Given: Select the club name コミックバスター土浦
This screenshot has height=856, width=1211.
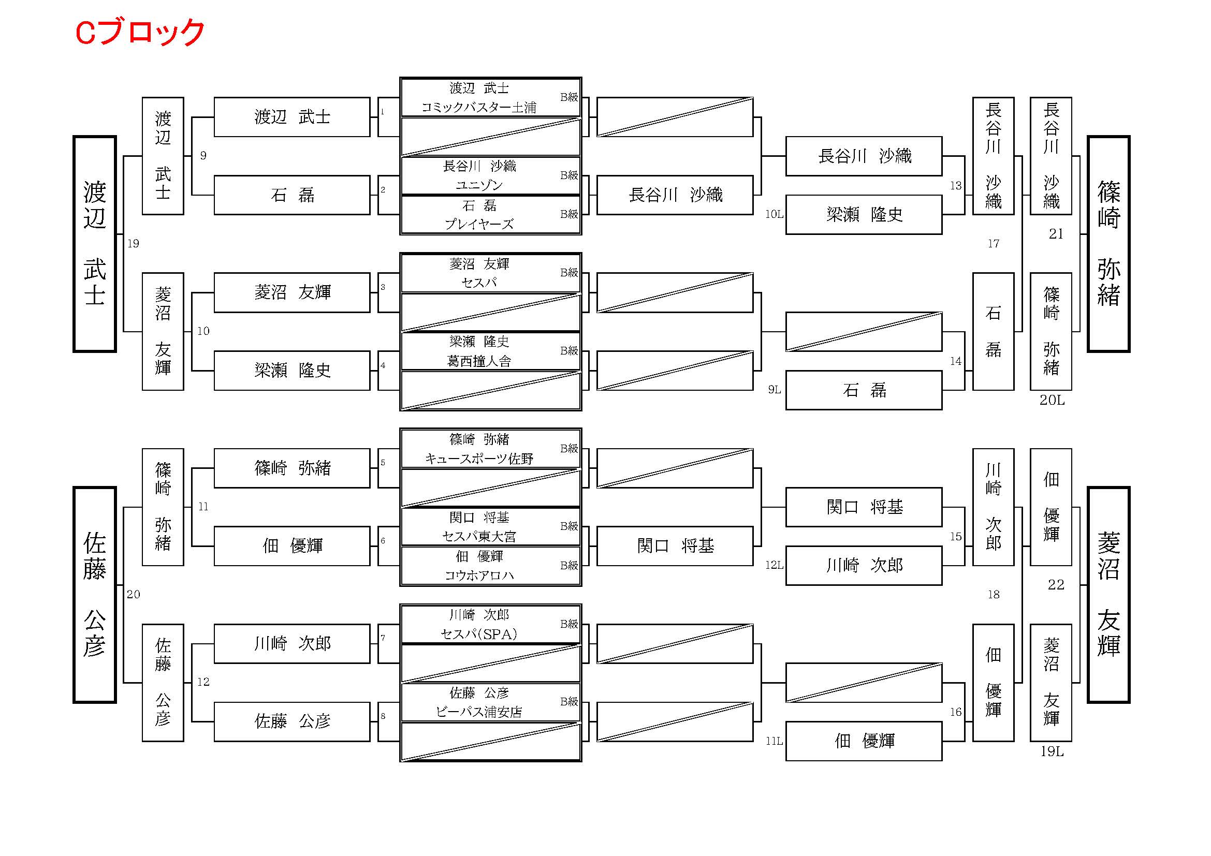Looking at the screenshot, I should click(479, 108).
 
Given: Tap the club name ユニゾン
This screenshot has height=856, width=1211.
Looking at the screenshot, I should click(479, 185).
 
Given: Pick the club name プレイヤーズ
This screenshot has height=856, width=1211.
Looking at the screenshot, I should click(479, 225).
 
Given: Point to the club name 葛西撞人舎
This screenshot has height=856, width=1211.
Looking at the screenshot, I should click(479, 361).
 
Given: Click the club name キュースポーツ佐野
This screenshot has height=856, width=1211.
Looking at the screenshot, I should click(479, 459).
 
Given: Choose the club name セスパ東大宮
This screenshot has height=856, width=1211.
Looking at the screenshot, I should click(479, 537).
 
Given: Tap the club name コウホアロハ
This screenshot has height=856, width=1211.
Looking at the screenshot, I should click(479, 575).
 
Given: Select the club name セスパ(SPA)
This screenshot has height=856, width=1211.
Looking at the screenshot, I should click(479, 634).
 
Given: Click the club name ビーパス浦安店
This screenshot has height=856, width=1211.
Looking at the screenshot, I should click(479, 712).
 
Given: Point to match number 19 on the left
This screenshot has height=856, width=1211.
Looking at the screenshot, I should click(133, 244).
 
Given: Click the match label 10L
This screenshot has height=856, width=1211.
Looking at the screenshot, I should click(774, 215).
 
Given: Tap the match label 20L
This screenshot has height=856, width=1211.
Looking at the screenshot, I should click(1052, 401).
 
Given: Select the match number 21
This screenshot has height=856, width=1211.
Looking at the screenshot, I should click(1056, 234).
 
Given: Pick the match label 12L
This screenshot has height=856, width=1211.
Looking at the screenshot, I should click(774, 565).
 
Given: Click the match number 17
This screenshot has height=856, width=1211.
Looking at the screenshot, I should click(993, 244).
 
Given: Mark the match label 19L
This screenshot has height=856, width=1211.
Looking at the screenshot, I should click(1052, 752).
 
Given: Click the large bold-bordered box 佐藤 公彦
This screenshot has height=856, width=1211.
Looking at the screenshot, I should click(94, 595).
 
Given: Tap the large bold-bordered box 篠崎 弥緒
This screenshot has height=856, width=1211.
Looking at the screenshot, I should click(1108, 244).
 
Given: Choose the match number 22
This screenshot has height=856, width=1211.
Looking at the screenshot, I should click(1056, 584).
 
